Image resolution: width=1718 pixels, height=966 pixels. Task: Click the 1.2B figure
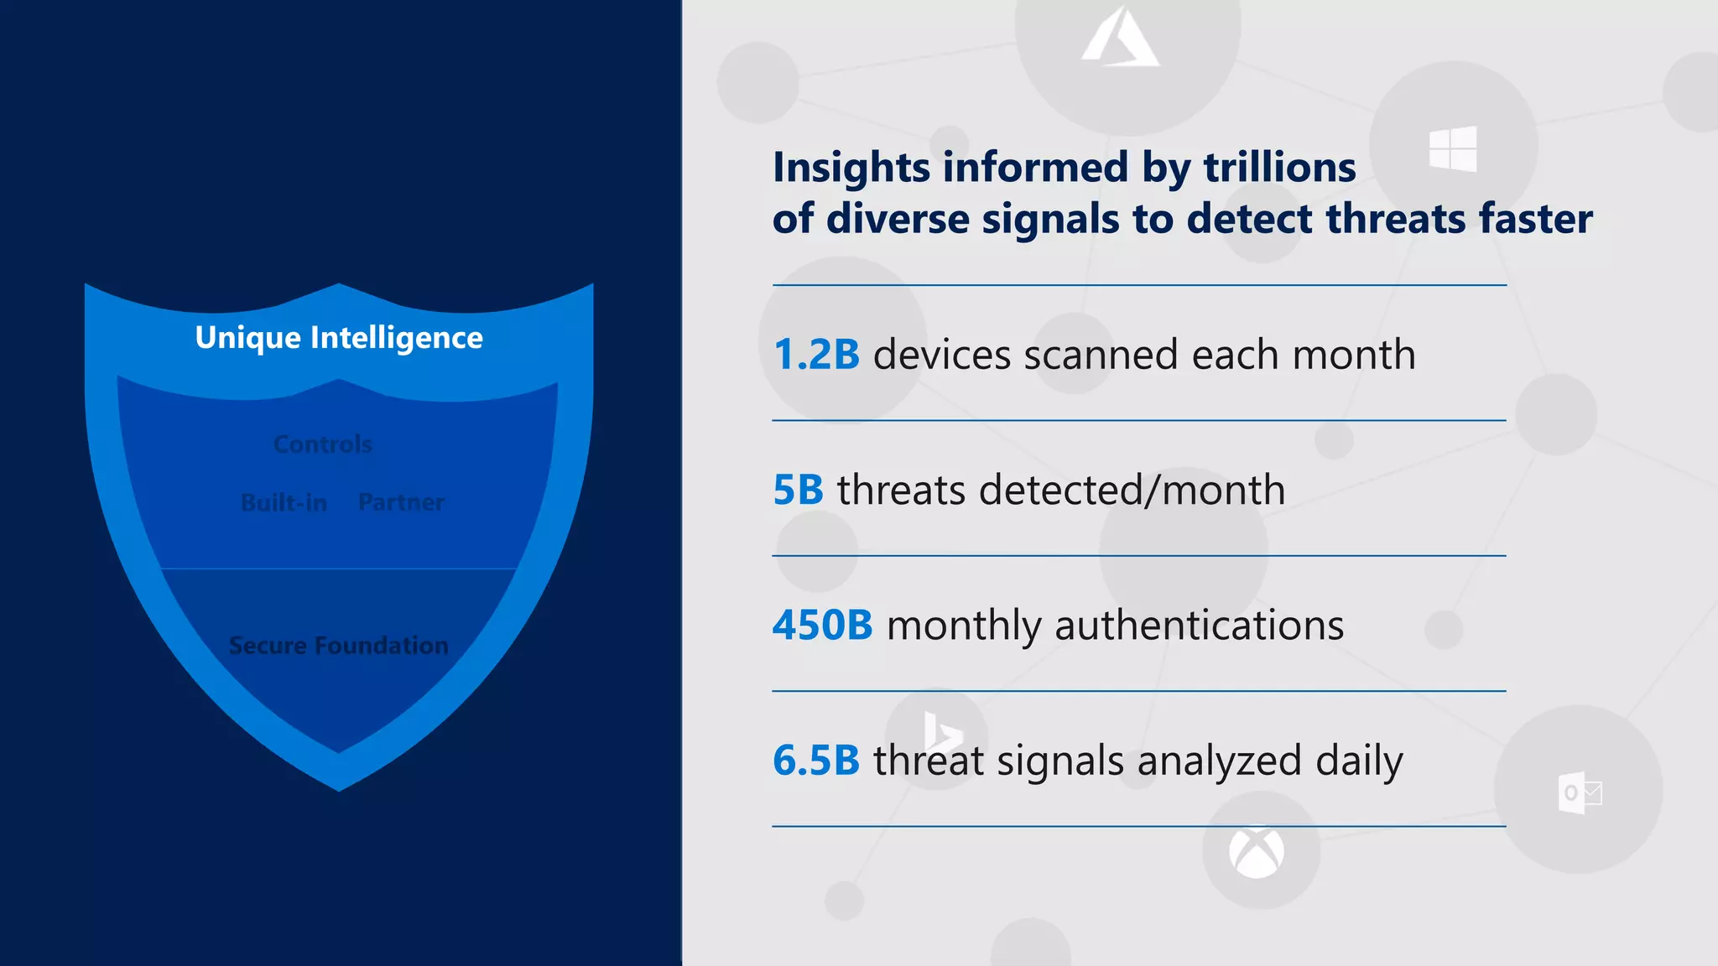816,355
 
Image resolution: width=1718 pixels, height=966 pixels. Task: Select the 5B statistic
798,490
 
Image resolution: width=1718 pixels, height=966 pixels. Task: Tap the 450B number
822,626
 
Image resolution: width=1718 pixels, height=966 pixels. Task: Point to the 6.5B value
816,761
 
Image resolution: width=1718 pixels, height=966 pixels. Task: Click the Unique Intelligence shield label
339,338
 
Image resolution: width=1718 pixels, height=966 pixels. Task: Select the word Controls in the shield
323,444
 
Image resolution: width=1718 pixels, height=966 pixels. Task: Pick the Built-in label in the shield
284,503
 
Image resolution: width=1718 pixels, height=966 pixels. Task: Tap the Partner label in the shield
401,502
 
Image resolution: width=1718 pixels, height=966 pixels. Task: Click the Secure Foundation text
339,646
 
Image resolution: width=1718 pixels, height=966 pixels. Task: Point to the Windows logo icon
1453,149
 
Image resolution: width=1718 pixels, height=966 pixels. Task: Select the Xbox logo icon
1256,853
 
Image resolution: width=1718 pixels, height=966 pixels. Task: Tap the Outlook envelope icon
1580,792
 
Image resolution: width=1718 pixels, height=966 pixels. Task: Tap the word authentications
1199,626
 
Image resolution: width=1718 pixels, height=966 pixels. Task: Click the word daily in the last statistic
1359,761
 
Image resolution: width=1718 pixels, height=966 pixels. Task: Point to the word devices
942,355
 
